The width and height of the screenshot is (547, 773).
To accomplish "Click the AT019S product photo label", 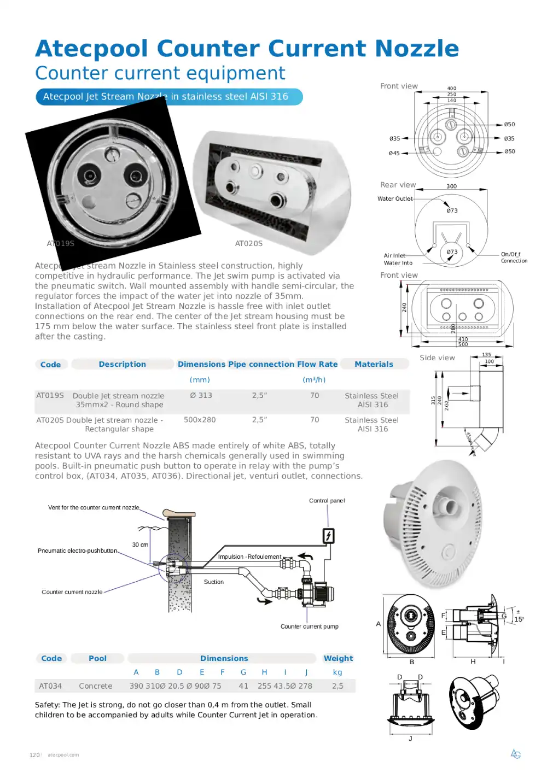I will click(x=60, y=243).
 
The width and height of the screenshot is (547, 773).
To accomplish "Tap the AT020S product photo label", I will click(x=249, y=243).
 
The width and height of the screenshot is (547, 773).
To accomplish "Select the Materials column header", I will click(x=374, y=364).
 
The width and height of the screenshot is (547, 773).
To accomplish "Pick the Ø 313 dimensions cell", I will click(x=201, y=395).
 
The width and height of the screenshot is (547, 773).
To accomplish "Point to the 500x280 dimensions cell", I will click(x=200, y=420).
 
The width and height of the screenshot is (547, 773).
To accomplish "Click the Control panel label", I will click(x=327, y=501).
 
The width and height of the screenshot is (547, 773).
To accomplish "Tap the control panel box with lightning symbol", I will click(x=328, y=536).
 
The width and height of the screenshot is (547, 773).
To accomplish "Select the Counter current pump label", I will click(x=309, y=626).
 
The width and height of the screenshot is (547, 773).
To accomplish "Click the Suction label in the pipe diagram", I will click(x=214, y=582).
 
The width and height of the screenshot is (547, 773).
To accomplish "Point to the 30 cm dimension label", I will click(x=140, y=544).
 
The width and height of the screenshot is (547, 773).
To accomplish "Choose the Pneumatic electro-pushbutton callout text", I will click(x=77, y=551).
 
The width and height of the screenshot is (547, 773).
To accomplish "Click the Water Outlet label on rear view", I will click(x=395, y=199).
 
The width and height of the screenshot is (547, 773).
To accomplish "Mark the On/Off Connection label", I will click(x=514, y=257).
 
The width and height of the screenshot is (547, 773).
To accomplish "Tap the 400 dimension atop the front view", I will click(x=451, y=88).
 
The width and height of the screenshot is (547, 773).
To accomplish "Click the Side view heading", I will click(x=437, y=358).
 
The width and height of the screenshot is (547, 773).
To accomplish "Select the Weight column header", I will click(x=338, y=658).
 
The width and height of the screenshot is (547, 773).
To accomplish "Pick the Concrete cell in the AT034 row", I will click(x=95, y=686).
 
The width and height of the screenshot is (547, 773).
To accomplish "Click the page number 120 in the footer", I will click(x=34, y=755).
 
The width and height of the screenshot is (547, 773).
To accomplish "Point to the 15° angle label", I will click(x=519, y=619).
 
